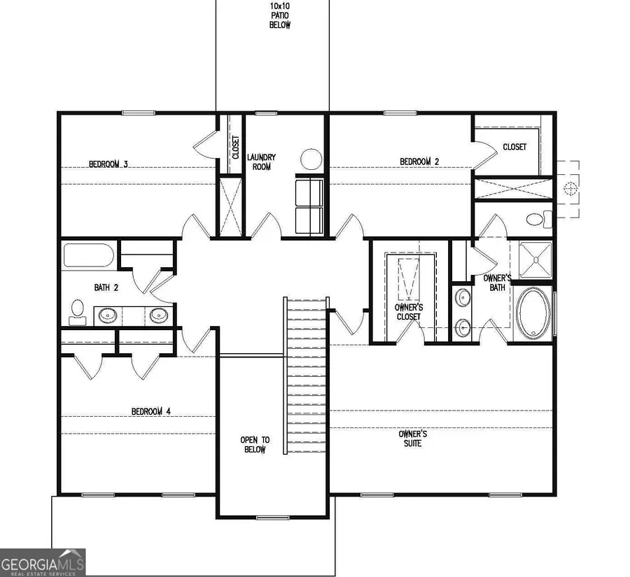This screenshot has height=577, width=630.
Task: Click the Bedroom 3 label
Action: click(108, 165)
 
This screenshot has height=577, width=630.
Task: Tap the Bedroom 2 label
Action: click(419, 162)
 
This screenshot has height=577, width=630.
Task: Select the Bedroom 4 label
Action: click(151, 411)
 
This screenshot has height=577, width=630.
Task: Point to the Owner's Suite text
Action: click(413, 439)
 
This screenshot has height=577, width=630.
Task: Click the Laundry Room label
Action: click(261, 162)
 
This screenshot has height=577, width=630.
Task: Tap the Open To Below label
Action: click(255, 445)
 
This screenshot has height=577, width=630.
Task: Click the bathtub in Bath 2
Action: click(88, 255)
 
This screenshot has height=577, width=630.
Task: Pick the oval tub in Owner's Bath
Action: click(533, 314)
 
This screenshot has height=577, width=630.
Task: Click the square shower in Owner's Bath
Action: click(535, 259)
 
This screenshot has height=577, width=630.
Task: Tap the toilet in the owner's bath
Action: click(538, 220)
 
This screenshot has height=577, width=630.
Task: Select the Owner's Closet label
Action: click(409, 312)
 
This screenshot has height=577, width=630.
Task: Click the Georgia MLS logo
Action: click(43, 562)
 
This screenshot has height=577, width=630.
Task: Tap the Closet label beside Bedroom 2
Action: click(514, 147)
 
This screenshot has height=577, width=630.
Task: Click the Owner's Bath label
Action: click(498, 283)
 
